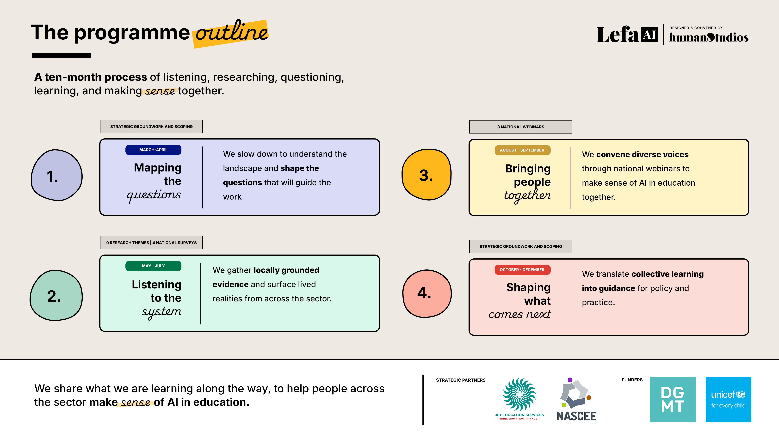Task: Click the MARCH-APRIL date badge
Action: (x=153, y=150)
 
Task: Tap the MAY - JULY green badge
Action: (x=153, y=266)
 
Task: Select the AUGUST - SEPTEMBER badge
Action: (x=522, y=150)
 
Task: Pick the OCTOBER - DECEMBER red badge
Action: (x=522, y=270)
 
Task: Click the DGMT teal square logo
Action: (x=673, y=399)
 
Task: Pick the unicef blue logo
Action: (x=728, y=399)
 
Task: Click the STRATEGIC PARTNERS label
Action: (x=461, y=380)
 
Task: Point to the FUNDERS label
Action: (x=632, y=380)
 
